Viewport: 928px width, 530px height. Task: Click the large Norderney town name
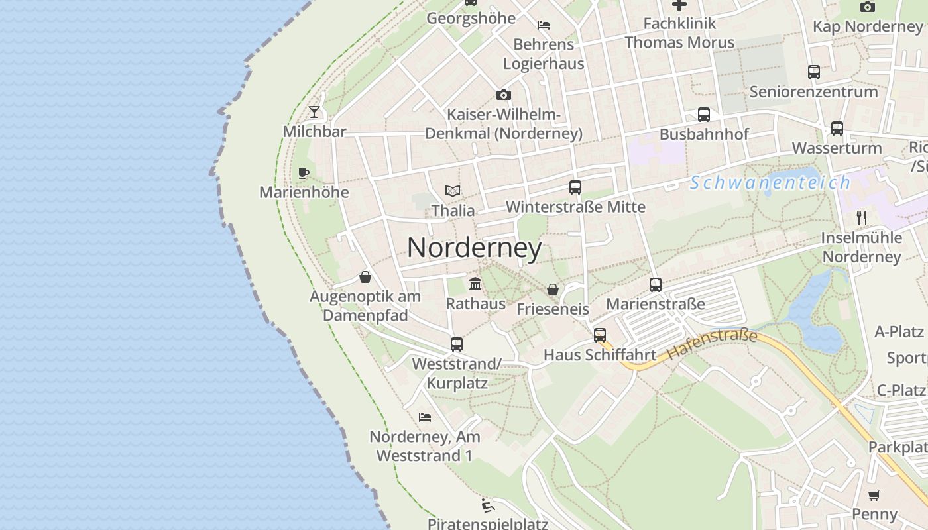[x=475, y=248]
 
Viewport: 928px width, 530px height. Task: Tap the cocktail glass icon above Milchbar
[x=314, y=112]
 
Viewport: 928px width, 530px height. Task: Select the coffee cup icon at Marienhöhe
[x=304, y=174]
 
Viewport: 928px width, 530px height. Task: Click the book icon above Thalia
[x=453, y=191]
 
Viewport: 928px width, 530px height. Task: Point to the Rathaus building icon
[x=475, y=284]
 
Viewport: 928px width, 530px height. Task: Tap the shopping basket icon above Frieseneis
[x=552, y=290]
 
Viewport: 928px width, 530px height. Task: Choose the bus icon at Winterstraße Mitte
[x=575, y=187]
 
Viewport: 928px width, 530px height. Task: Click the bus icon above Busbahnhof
[x=704, y=115]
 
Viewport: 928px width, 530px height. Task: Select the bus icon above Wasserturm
[x=837, y=129]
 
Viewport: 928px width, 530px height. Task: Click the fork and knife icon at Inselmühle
[x=861, y=217]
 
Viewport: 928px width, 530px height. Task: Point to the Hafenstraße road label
[x=712, y=344]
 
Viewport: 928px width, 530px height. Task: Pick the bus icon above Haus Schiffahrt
[x=600, y=335]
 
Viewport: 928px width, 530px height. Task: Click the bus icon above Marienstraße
[x=656, y=285]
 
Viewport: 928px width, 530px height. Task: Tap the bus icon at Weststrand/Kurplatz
[x=457, y=344]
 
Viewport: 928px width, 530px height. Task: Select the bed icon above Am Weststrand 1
[x=425, y=417]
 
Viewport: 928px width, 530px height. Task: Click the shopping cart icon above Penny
[x=874, y=495]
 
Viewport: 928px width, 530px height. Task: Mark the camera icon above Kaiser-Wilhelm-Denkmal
[x=504, y=95]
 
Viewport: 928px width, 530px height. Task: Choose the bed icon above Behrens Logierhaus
[x=544, y=25]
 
